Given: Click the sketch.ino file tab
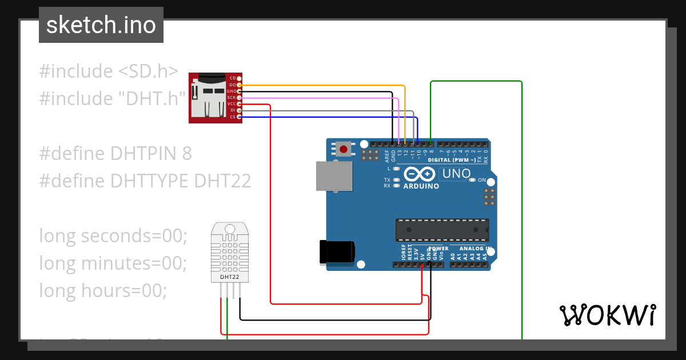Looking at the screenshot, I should [101, 25].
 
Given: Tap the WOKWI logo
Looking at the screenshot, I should [607, 315].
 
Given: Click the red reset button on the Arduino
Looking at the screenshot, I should [343, 150].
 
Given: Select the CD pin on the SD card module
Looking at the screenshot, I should [239, 78].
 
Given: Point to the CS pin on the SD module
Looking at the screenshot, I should [239, 117].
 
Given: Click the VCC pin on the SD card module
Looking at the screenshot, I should [239, 104].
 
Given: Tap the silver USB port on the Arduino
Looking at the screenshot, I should [334, 175].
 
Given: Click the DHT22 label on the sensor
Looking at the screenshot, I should [229, 277].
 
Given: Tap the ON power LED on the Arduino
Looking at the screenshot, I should [472, 180].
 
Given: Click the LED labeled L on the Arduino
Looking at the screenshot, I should [396, 169].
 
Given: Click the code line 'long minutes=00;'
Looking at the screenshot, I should [113, 263].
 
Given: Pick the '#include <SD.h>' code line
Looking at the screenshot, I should [109, 71].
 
